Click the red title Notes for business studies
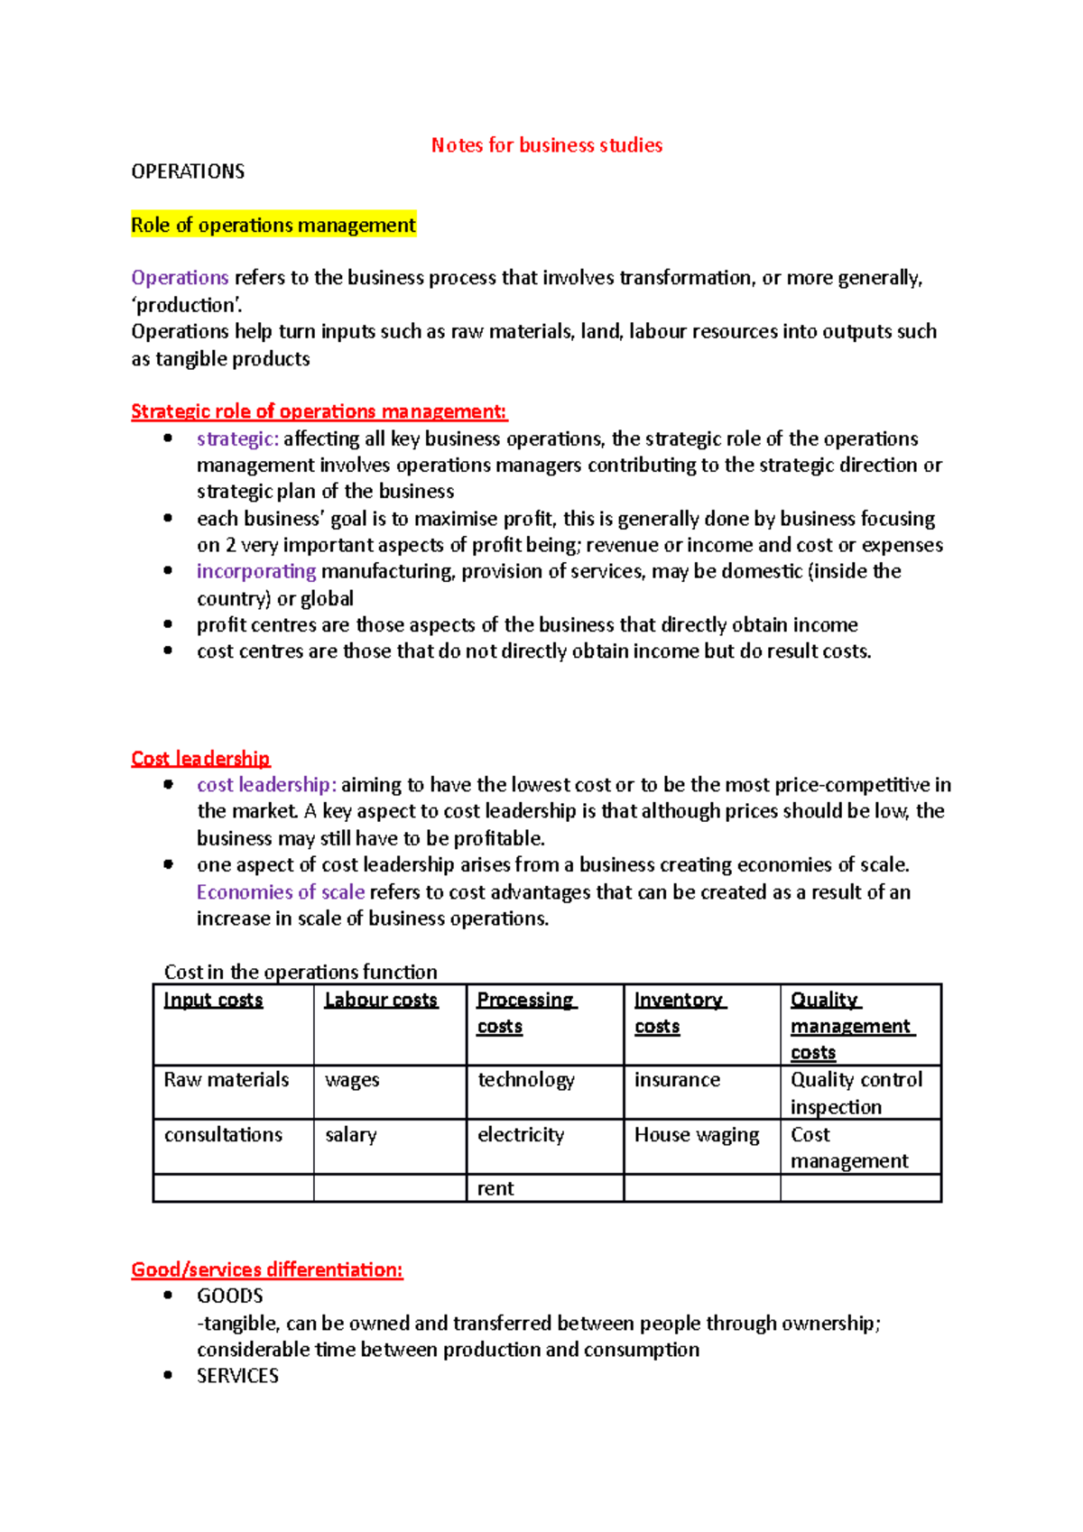pyautogui.click(x=546, y=145)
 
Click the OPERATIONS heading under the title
pyautogui.click(x=188, y=171)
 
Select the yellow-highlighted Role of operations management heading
pyautogui.click(x=273, y=225)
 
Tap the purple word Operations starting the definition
pyautogui.click(x=180, y=278)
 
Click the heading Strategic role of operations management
pyautogui.click(x=319, y=411)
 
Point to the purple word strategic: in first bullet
pyautogui.click(x=237, y=438)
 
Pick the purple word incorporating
pyautogui.click(x=256, y=571)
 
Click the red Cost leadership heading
pyautogui.click(x=200, y=758)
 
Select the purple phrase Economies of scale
pyautogui.click(x=281, y=891)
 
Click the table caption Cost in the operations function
pyautogui.click(x=301, y=972)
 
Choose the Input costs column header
pyautogui.click(x=213, y=1000)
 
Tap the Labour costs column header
pyautogui.click(x=381, y=1000)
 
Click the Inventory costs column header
pyautogui.click(x=679, y=1012)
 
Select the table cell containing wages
pyautogui.click(x=352, y=1080)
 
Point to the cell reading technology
pyautogui.click(x=525, y=1080)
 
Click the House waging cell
pyautogui.click(x=697, y=1135)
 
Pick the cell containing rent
pyautogui.click(x=495, y=1188)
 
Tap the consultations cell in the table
pyautogui.click(x=223, y=1135)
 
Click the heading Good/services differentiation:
pyautogui.click(x=267, y=1269)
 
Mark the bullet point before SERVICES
pyautogui.click(x=168, y=1375)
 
